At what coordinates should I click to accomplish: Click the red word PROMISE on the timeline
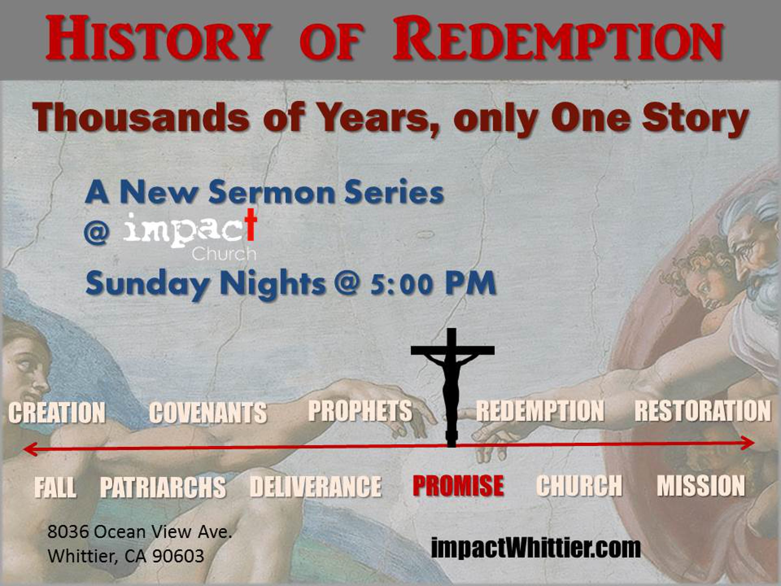(458, 485)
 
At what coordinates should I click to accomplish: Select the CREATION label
(57, 412)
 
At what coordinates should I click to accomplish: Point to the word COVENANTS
(208, 412)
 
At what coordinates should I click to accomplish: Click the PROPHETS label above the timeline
(360, 411)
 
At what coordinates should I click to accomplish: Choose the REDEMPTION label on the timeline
(540, 411)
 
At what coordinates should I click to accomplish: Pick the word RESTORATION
(703, 411)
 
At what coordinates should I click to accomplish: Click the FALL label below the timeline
(55, 487)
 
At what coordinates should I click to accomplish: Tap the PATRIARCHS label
(163, 487)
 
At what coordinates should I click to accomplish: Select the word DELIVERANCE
(316, 486)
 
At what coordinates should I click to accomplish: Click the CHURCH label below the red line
(579, 485)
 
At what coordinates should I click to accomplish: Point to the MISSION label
(701, 485)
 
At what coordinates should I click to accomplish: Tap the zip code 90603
(178, 556)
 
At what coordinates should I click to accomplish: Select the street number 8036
(68, 532)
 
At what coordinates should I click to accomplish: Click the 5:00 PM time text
(433, 283)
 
